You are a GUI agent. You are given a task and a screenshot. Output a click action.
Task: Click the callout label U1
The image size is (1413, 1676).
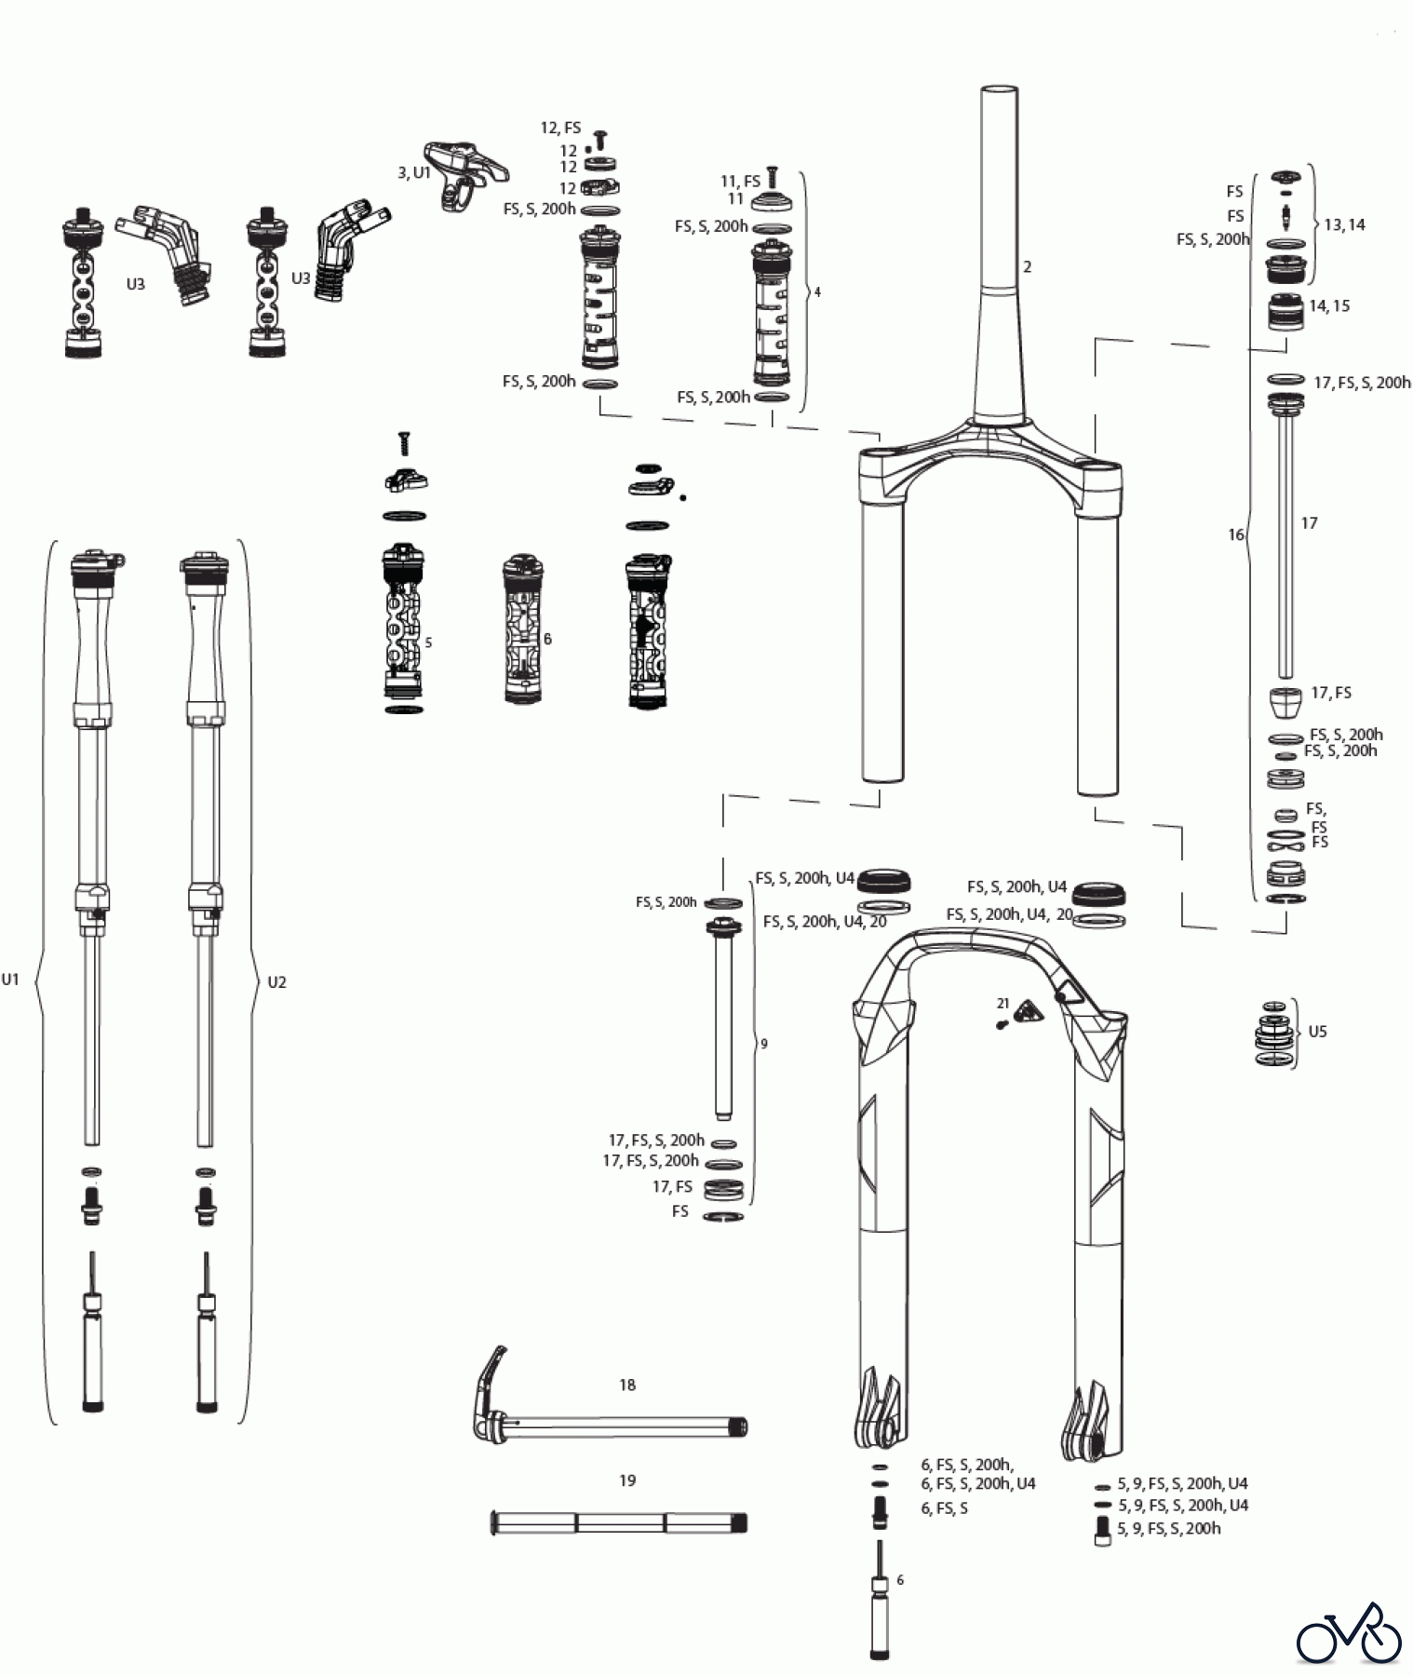10,979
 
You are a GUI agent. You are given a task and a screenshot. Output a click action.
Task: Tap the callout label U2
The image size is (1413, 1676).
276,981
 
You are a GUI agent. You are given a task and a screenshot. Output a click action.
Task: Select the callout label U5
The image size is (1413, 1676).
1317,1031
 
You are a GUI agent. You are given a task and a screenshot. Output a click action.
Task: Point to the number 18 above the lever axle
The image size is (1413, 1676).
627,1385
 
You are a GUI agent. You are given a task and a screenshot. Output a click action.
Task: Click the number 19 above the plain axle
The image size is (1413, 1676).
627,1480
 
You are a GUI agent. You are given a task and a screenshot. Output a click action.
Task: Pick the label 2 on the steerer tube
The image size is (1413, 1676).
1027,266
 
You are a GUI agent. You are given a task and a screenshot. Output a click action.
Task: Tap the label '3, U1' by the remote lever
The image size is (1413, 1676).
413,172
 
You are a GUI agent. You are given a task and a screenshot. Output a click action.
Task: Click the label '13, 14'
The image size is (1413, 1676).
1344,224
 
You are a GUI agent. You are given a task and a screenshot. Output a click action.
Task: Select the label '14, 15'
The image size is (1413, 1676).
1329,305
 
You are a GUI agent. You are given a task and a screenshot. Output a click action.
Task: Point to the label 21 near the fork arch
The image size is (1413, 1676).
1003,1003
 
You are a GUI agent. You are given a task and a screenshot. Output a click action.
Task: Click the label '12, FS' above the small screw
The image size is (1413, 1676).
560,128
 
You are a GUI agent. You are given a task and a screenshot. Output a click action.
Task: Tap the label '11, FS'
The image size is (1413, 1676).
740,182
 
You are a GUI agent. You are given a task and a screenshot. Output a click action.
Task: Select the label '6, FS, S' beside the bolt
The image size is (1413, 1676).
944,1507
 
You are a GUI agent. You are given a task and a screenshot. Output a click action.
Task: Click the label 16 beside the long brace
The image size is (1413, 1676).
1235,534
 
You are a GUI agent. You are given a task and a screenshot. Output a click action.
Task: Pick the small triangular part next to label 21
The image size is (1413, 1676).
1029,1012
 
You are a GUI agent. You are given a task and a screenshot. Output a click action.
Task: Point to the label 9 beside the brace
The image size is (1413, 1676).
764,1044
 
